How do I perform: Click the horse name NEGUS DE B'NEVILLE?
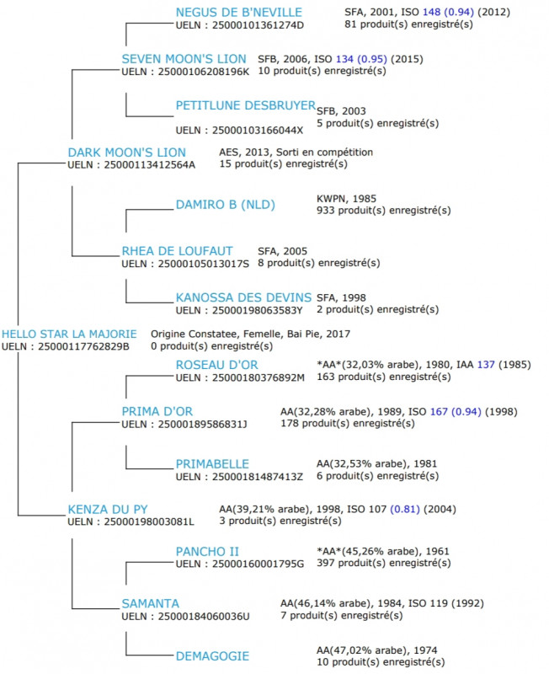click(239, 11)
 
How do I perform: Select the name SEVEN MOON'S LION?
click(184, 59)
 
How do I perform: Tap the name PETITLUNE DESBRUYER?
click(245, 105)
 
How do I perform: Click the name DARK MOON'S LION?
click(126, 152)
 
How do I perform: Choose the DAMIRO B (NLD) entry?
click(225, 205)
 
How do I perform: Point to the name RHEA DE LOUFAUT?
click(177, 251)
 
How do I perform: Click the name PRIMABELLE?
click(212, 464)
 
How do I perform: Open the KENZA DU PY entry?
click(107, 510)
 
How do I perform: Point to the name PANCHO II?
click(207, 552)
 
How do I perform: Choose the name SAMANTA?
click(150, 604)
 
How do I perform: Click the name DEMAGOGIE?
click(212, 655)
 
